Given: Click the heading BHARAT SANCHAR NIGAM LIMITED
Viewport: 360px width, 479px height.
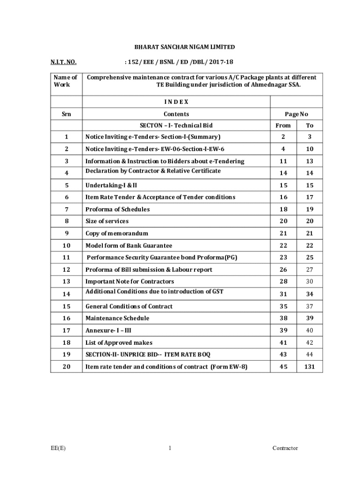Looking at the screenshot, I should pos(185,47).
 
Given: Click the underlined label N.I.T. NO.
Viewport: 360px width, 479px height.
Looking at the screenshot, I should pos(64,62).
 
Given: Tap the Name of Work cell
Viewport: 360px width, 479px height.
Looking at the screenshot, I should pos(66,81).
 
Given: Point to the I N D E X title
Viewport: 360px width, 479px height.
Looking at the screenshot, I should pos(176,102).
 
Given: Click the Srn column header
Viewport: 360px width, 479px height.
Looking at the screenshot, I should pos(66,114).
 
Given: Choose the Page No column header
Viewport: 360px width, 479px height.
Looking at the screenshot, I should pos(296,114).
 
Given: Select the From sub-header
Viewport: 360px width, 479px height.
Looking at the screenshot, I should pos(283,125).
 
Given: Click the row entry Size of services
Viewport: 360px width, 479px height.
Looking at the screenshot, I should pos(107,221).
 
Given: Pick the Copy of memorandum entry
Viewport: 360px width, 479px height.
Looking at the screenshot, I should pos(116,233).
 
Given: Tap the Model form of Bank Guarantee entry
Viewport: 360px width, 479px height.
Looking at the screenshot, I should pos(129,246).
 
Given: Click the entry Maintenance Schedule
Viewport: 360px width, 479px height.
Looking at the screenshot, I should pos(117,318).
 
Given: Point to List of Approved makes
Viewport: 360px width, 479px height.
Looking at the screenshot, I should pos(119,343).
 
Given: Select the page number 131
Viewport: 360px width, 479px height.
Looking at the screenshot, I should pos(310,367).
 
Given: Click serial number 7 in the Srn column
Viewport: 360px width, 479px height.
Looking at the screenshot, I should pos(66,209).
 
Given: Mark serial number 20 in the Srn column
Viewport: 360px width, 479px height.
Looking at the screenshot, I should pos(66,367).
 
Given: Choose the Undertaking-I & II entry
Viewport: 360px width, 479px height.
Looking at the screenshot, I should pos(111,185).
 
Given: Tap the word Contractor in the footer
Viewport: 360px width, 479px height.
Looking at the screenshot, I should pos(285,448).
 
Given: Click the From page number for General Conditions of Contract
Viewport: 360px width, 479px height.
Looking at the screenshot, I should pos(283,306).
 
